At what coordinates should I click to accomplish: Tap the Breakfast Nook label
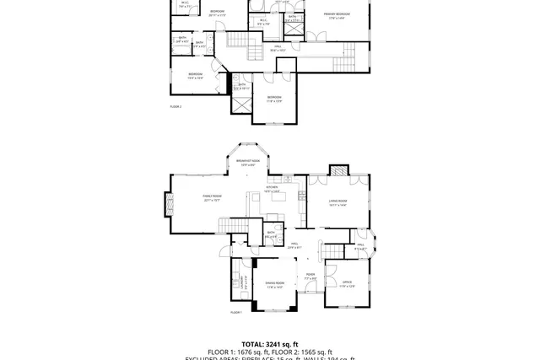click(x=248, y=162)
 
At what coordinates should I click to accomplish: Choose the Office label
click(x=347, y=284)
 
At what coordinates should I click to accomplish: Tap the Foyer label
click(x=310, y=277)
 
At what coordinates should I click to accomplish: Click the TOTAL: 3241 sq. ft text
click(x=269, y=344)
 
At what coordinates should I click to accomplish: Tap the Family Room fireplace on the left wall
click(x=168, y=202)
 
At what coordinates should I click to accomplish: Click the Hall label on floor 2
click(x=278, y=49)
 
